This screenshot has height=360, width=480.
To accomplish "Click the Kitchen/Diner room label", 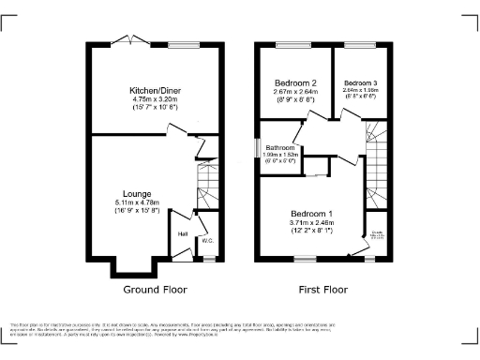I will [x=156, y=90].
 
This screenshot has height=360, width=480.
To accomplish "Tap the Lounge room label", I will [x=137, y=193].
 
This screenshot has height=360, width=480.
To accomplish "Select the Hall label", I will [x=184, y=233].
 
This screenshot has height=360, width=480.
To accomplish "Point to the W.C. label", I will [x=207, y=240].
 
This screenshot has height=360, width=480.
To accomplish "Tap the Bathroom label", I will [x=280, y=148].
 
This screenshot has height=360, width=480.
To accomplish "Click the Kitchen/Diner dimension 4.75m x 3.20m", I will [x=156, y=99].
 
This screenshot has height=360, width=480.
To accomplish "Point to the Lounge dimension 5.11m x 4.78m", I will [x=137, y=202].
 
